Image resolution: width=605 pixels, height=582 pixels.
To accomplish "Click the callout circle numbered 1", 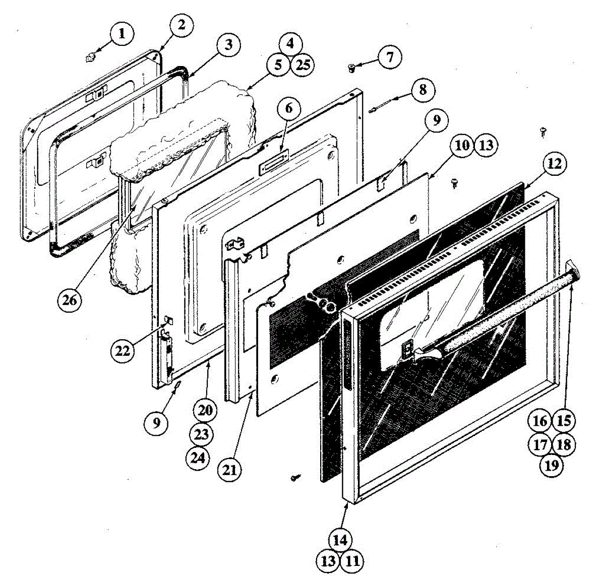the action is pyautogui.click(x=120, y=34).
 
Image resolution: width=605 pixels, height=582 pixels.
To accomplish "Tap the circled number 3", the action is pyautogui.click(x=229, y=45).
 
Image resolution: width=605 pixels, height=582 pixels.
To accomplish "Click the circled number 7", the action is pyautogui.click(x=390, y=56).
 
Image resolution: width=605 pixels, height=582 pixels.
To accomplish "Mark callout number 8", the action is pyautogui.click(x=422, y=90).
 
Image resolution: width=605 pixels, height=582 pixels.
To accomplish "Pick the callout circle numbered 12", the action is pyautogui.click(x=555, y=164).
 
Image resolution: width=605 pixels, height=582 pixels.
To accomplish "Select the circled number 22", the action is pyautogui.click(x=123, y=351).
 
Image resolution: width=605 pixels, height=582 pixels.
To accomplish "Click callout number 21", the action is pyautogui.click(x=229, y=470).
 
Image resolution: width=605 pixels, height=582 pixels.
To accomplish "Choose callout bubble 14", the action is pyautogui.click(x=340, y=540).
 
